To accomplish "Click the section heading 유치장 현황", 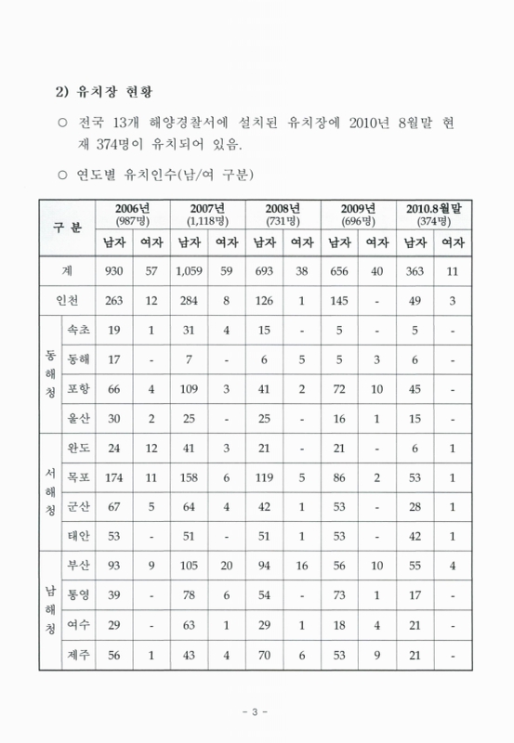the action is [x=107, y=93].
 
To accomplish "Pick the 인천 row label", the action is [x=68, y=301].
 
